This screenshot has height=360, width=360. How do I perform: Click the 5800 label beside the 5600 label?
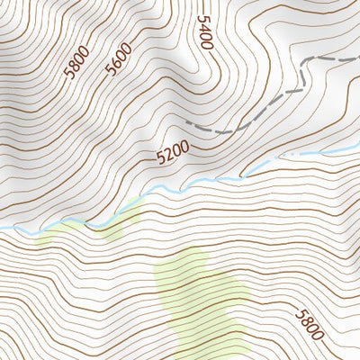(78, 66)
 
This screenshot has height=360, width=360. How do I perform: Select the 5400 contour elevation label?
(205, 32)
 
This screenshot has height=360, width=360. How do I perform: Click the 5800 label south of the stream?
(309, 324)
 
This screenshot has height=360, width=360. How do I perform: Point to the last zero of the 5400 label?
(206, 45)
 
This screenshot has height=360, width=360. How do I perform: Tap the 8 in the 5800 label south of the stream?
(305, 320)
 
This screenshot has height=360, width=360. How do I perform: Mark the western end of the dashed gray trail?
(186, 121)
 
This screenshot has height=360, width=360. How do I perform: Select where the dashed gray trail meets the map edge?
(358, 57)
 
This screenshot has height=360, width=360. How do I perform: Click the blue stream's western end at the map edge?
(2, 229)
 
